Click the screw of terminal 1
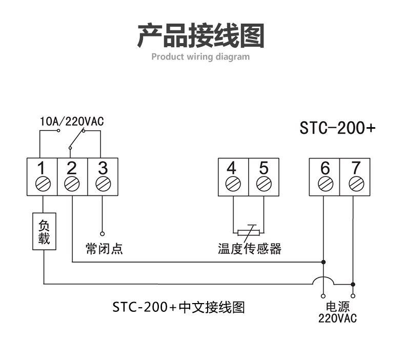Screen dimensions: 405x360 coord(43,184)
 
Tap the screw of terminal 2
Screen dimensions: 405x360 coord(72,184)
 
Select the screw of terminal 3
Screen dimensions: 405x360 coord(103,184)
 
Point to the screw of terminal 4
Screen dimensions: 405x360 coord(233,184)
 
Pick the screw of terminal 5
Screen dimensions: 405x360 coord(264,184)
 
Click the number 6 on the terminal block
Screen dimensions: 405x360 coord(325,168)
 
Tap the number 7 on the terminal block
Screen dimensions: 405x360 coord(356,168)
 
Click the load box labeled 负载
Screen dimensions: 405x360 coord(44,231)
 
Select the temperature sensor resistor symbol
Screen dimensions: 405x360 coord(249,233)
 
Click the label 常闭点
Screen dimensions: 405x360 coord(105,249)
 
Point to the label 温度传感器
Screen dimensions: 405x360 coord(250,249)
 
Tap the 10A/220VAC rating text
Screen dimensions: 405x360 coord(72,122)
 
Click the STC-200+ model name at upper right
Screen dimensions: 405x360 coord(337,128)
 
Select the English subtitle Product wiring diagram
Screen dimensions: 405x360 coord(200,56)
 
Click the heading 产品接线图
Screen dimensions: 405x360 coord(200,35)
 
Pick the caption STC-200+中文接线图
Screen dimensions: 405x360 coord(178,307)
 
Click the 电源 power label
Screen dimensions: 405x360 coord(338,307)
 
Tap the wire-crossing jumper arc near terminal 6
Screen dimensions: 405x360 coord(323,277)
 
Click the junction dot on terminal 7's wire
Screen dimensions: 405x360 coord(353,284)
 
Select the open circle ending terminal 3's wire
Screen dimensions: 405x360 coord(103,234)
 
